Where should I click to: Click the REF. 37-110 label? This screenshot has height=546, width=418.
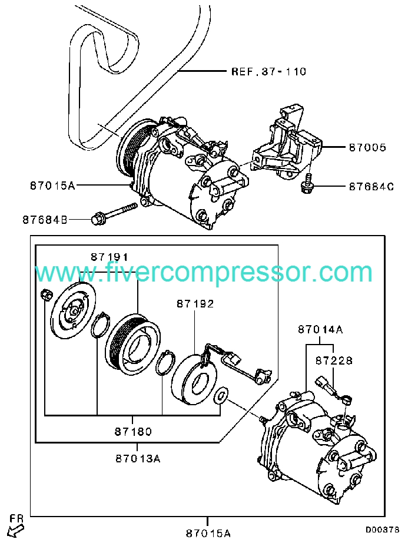269,72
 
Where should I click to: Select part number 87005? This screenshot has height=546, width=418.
367,147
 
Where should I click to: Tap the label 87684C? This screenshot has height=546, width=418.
370,187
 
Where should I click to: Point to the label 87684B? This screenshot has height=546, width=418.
45,220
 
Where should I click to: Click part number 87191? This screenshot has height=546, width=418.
109,257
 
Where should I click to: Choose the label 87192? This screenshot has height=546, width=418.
194,304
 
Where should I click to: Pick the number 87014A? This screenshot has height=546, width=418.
320,330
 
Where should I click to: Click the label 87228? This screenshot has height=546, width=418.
333,360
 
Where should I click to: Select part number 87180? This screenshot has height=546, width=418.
132,432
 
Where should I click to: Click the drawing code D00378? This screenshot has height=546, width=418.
382,530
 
